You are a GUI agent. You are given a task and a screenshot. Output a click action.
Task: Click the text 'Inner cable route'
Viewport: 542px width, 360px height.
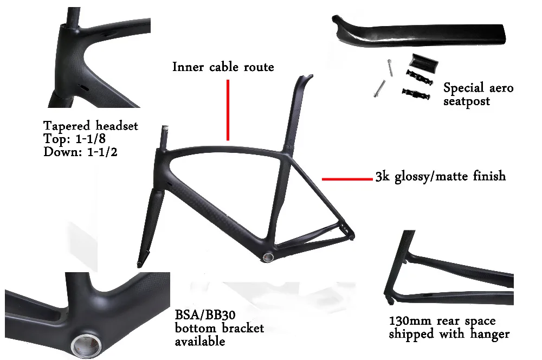click(223, 67)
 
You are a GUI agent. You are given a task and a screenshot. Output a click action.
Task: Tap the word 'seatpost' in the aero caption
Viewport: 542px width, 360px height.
click(466, 101)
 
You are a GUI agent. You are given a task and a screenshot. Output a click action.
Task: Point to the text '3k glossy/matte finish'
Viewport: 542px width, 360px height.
click(440, 176)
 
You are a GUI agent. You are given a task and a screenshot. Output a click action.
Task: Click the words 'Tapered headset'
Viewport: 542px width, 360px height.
click(91, 126)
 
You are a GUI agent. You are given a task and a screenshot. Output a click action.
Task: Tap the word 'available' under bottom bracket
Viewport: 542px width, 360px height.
click(199, 342)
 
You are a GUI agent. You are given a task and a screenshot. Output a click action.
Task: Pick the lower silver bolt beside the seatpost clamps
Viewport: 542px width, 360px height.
click(379, 87)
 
